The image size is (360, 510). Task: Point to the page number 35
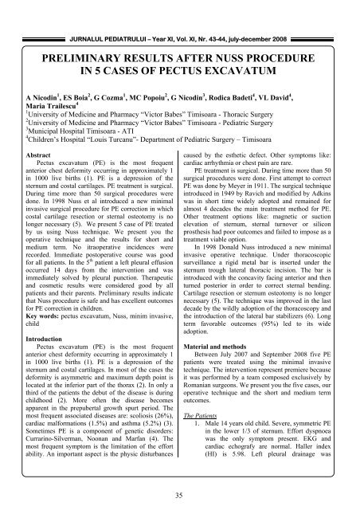pos(179,497)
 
